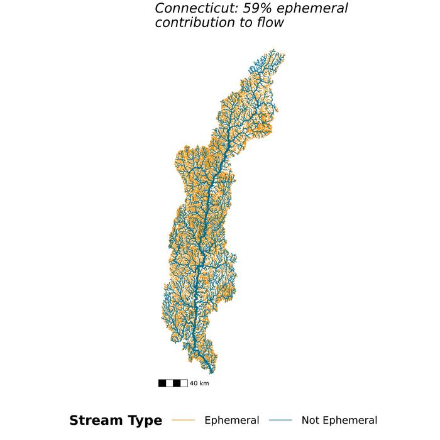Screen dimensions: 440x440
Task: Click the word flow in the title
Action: [270, 23]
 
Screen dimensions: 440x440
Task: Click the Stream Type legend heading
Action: [115, 421]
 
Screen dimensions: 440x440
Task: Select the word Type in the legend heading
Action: [145, 421]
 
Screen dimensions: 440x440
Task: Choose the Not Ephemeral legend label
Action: [339, 421]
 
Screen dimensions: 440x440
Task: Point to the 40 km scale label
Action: [199, 383]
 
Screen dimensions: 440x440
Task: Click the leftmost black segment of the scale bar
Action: [162, 383]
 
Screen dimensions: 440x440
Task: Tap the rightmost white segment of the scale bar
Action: [184, 383]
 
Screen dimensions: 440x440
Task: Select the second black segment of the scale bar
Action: [177, 383]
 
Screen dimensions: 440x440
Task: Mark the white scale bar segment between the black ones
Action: [170, 383]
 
